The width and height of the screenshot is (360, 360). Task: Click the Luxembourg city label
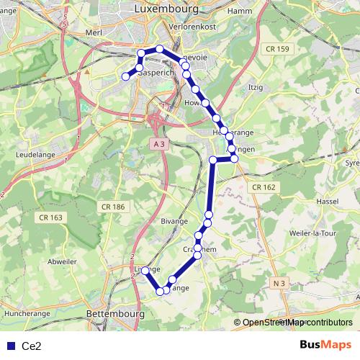(166, 8)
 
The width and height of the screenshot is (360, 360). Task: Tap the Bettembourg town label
(114, 315)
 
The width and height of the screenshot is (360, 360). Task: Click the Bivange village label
(175, 222)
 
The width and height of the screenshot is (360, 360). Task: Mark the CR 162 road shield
(264, 187)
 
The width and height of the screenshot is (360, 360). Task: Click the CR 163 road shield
(52, 217)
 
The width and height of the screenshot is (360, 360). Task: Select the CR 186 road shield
(112, 207)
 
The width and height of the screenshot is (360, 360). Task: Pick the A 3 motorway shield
(159, 144)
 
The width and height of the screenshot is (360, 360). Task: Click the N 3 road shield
(281, 284)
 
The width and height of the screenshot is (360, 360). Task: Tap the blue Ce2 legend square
(10, 346)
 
